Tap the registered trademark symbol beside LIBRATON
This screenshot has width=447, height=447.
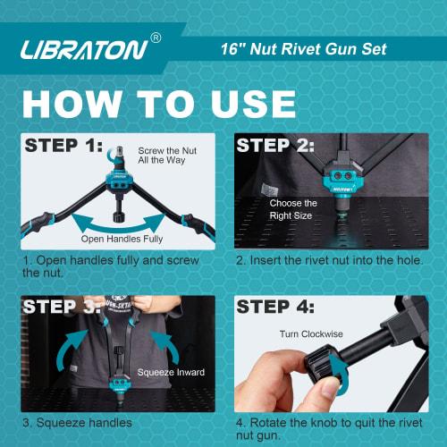(156, 38)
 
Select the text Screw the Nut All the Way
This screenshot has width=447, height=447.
(164, 156)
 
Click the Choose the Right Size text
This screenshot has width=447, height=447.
(292, 209)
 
